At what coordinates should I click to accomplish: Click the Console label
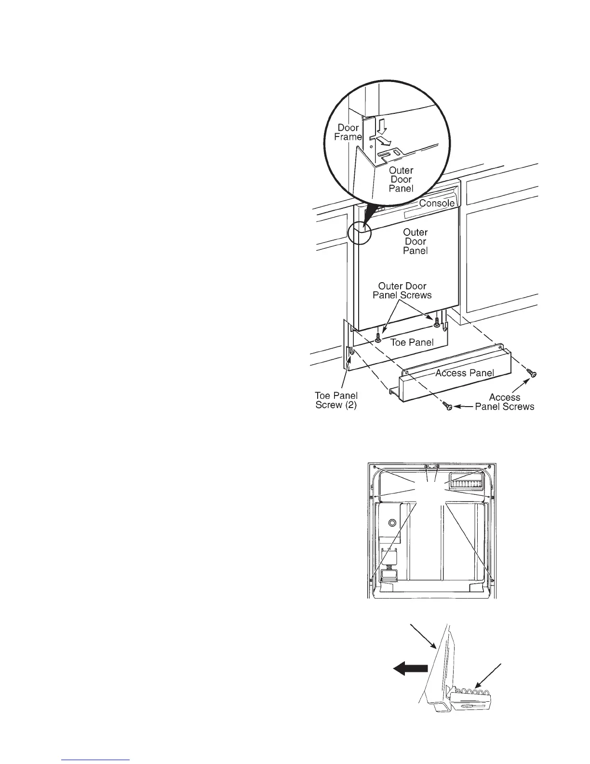436,203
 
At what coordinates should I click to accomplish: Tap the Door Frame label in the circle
348,132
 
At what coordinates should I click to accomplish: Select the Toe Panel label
412,342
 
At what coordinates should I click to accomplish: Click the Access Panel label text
464,373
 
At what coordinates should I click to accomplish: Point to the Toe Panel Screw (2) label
336,400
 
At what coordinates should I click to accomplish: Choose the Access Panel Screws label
505,402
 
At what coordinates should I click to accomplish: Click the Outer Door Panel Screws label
402,290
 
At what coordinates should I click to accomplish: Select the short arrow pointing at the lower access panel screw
463,407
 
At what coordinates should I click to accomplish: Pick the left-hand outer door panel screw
378,336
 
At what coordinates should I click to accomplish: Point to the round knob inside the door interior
391,522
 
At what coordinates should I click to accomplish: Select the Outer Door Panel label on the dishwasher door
415,241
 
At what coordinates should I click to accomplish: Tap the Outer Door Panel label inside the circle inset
401,179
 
